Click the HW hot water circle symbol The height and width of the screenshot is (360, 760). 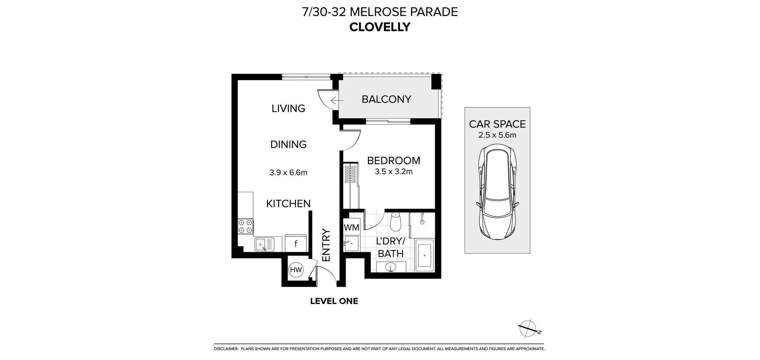click(296, 270)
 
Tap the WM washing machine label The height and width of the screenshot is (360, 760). click(351, 227)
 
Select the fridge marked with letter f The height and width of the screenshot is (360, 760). click(296, 244)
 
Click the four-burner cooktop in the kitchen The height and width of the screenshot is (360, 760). click(246, 226)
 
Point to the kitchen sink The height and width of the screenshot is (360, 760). click(264, 244)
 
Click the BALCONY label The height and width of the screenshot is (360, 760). click(386, 99)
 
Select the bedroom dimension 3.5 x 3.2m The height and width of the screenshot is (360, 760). click(394, 172)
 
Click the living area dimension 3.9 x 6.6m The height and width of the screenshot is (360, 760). click(288, 173)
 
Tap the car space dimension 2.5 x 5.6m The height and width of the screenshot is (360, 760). click(497, 135)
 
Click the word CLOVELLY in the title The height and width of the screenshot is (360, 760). click(380, 27)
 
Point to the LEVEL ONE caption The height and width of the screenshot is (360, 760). click(334, 301)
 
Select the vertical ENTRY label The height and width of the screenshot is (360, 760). click(326, 245)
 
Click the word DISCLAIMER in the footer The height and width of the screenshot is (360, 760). click(226, 349)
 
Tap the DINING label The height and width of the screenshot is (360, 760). click(288, 144)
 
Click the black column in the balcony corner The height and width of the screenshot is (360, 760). click(436, 82)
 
